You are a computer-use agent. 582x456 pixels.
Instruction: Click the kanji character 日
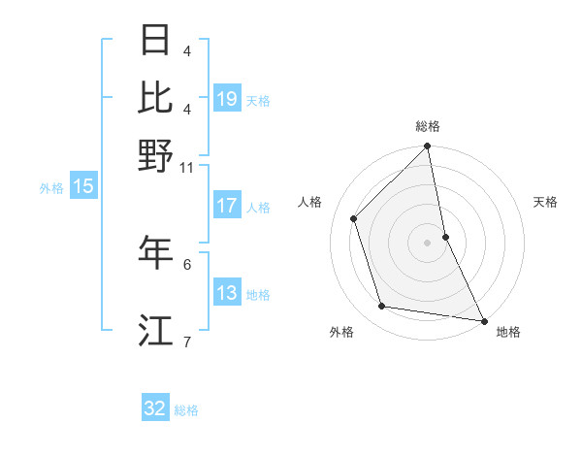click(156, 41)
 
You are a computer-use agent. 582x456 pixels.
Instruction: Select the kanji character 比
click(156, 97)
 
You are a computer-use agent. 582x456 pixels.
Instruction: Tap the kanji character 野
click(156, 154)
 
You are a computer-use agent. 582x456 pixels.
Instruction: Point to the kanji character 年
click(156, 252)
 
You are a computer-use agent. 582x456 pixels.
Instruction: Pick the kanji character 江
click(156, 330)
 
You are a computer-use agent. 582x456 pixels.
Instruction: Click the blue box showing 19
click(227, 98)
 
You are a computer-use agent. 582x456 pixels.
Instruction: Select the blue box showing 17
click(227, 206)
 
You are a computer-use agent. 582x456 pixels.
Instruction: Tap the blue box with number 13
click(227, 293)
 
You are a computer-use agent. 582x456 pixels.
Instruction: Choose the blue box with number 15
click(83, 187)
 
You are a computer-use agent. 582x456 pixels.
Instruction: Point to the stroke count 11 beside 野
click(186, 167)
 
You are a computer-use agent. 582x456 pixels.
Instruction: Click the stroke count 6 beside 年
click(187, 263)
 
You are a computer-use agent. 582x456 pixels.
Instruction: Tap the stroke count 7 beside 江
click(187, 341)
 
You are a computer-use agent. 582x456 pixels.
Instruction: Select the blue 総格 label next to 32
click(186, 410)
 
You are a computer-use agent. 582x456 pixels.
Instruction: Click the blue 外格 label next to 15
click(51, 188)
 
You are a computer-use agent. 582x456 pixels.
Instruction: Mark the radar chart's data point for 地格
click(483, 320)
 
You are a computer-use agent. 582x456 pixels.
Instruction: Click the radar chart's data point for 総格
click(428, 147)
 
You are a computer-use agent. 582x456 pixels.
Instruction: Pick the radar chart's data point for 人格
click(354, 218)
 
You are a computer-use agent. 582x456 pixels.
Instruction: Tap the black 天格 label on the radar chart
click(546, 202)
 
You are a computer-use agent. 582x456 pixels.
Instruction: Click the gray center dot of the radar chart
click(428, 243)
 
